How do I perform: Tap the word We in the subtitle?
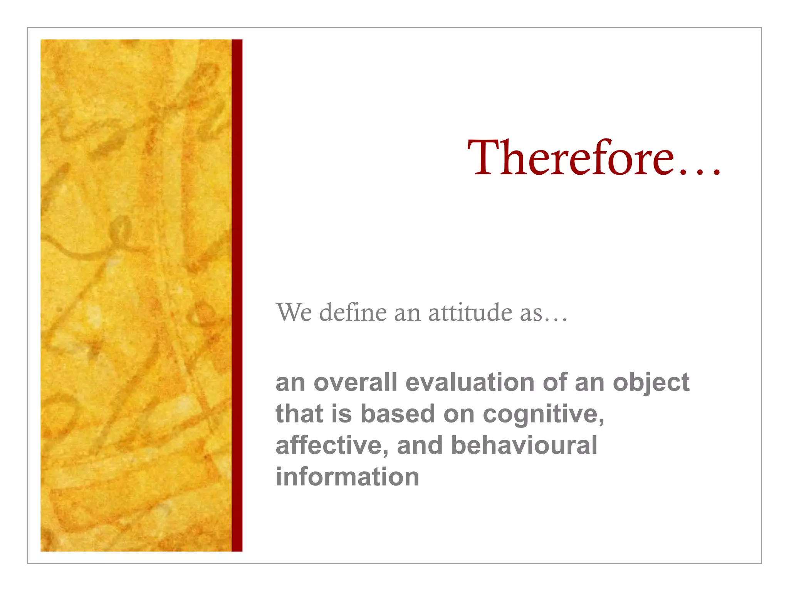click(x=294, y=312)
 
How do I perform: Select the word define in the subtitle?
click(x=353, y=312)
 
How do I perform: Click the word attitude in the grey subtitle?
click(x=470, y=312)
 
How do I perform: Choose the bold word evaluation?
click(x=470, y=382)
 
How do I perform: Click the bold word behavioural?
click(x=524, y=446)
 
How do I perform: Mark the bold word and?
click(x=420, y=446)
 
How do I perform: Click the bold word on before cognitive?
click(x=459, y=415)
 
